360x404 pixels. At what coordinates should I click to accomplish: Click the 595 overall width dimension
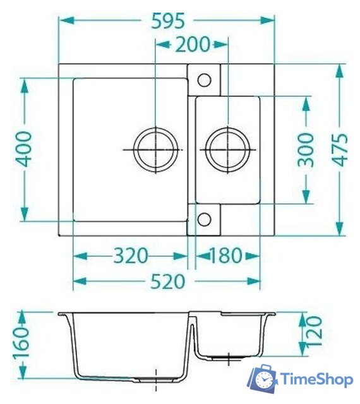click(167, 21)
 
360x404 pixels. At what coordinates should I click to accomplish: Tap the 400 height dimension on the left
click(23, 149)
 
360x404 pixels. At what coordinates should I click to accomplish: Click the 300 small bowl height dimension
click(306, 149)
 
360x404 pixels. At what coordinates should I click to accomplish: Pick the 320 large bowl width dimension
click(131, 256)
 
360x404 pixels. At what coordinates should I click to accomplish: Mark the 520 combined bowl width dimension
click(167, 282)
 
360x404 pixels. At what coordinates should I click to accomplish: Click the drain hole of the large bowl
click(155, 150)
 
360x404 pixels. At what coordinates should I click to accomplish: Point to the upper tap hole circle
click(204, 80)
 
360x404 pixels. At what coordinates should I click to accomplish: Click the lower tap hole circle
click(204, 219)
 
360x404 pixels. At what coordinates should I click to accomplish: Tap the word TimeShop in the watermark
click(316, 380)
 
